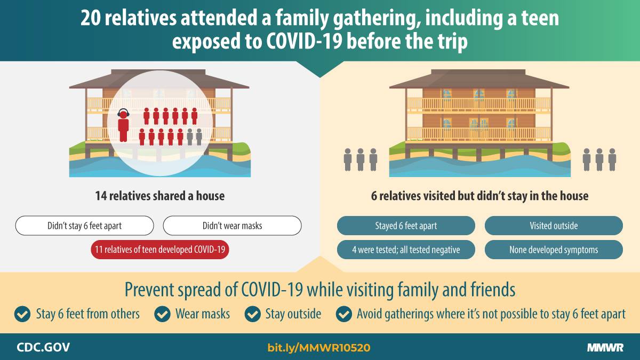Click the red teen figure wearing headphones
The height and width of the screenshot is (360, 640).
click(123, 125)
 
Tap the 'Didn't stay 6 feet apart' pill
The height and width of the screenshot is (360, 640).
click(85, 226)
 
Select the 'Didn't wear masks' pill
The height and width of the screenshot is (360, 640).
click(233, 226)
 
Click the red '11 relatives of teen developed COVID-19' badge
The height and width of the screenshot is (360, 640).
click(160, 250)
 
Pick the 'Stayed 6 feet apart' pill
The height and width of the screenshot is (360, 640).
click(406, 226)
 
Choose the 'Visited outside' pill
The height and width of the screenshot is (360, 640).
click(554, 226)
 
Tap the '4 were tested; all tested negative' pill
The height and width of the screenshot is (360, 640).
click(406, 250)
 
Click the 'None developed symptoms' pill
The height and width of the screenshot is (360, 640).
click(554, 250)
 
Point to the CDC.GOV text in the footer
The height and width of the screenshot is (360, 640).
click(43, 347)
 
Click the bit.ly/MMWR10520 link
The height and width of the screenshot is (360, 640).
click(319, 348)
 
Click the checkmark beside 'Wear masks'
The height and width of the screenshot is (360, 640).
click(162, 314)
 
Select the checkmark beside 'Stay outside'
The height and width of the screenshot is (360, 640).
click(253, 314)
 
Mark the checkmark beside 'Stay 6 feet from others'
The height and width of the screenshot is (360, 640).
click(22, 314)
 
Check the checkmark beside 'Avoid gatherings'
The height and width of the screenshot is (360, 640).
click(344, 314)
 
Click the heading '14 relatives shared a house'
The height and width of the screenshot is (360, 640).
click(160, 196)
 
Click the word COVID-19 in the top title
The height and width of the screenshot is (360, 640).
click(305, 41)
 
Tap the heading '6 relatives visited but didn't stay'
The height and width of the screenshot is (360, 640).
click(479, 196)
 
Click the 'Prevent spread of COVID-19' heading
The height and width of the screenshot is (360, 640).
click(320, 290)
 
